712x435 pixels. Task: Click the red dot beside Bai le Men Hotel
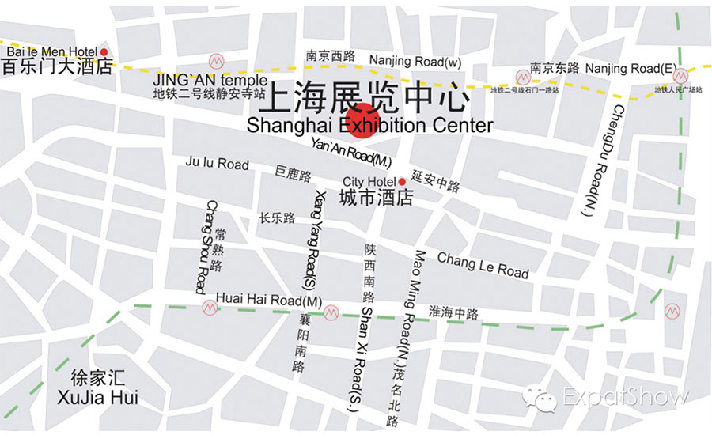tap(104, 53)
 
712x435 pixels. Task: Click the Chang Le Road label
tap(483, 264)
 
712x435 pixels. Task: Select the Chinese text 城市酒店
tap(377, 197)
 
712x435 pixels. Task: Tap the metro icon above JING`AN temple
tap(214, 61)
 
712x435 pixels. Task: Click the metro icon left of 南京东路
tap(522, 77)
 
